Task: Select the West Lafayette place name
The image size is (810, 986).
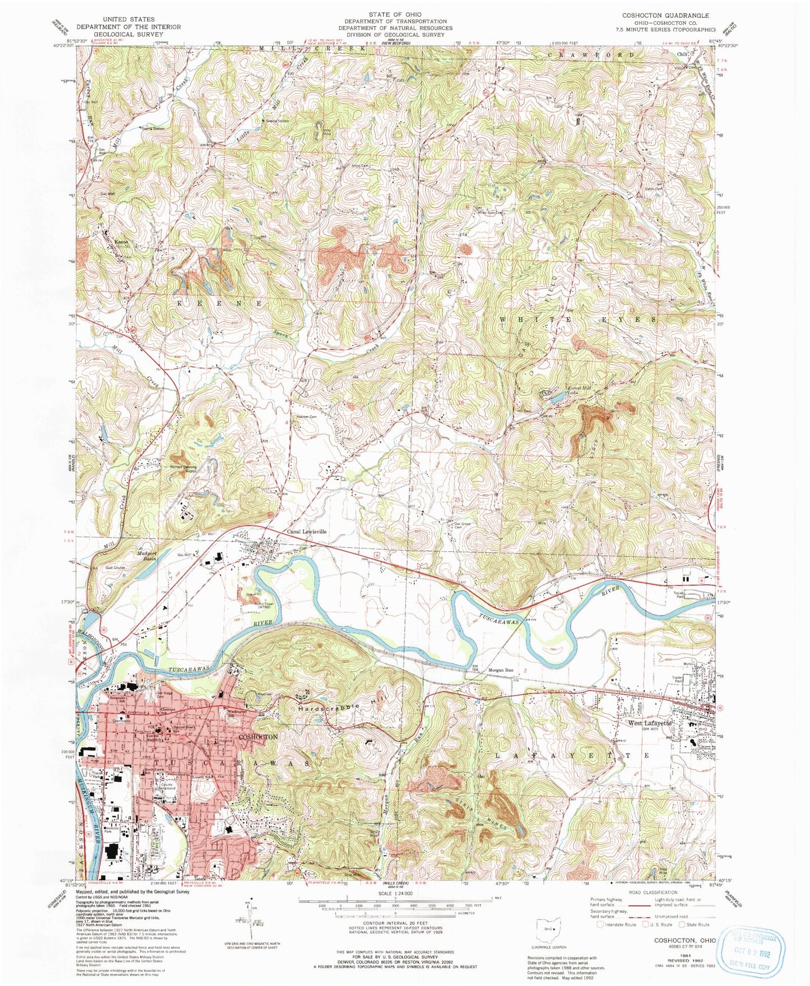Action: tap(649, 723)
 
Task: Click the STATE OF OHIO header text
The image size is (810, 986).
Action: tap(395, 14)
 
